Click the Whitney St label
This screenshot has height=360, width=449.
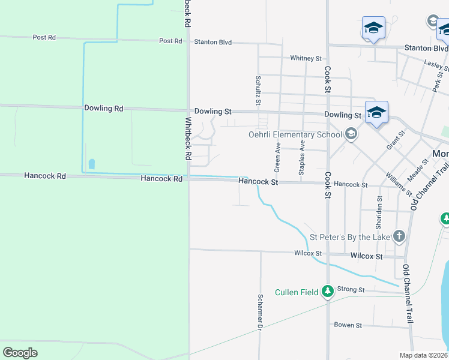click(306, 58)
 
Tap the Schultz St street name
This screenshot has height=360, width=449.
click(258, 90)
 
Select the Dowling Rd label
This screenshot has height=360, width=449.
click(103, 109)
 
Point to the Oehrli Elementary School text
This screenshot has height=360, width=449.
click(295, 134)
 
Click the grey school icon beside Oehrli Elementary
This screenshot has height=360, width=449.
click(351, 134)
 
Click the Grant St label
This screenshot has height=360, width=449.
click(394, 142)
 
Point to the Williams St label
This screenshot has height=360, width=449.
click(399, 184)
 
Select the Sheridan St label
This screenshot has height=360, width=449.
click(379, 212)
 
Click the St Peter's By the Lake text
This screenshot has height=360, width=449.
click(349, 237)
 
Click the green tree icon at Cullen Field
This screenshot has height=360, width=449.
click(327, 292)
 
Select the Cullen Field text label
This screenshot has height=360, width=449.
click(297, 292)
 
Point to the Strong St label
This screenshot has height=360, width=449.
click(351, 289)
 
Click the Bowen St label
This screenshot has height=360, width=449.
click(348, 325)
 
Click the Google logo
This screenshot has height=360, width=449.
click(20, 353)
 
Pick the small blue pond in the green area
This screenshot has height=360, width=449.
click(91, 163)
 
